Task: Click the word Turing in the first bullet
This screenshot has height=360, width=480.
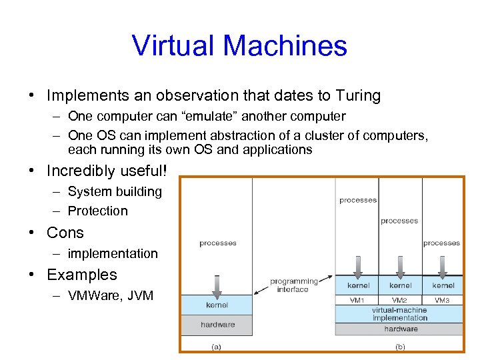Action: (x=359, y=96)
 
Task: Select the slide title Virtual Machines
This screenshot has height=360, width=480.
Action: (x=239, y=45)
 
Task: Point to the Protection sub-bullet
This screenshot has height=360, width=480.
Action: (x=97, y=211)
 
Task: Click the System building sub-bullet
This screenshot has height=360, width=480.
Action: (x=115, y=192)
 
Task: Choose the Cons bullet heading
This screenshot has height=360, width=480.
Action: (x=65, y=233)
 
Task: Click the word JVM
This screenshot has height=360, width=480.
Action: (x=139, y=295)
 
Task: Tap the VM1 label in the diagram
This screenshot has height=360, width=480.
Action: (x=358, y=300)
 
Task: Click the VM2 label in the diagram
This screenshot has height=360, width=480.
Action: (x=400, y=300)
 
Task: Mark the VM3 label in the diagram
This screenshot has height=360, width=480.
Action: (x=442, y=300)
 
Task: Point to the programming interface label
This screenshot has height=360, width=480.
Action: (x=293, y=285)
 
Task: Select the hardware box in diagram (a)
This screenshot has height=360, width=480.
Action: (x=218, y=325)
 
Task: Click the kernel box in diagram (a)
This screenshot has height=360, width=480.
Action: (x=217, y=305)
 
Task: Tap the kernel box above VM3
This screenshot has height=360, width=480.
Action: (x=443, y=285)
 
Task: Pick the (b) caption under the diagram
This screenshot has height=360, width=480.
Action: (x=401, y=346)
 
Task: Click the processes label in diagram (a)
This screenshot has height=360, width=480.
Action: (x=217, y=243)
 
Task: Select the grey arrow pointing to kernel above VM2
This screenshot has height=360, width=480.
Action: (x=400, y=267)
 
